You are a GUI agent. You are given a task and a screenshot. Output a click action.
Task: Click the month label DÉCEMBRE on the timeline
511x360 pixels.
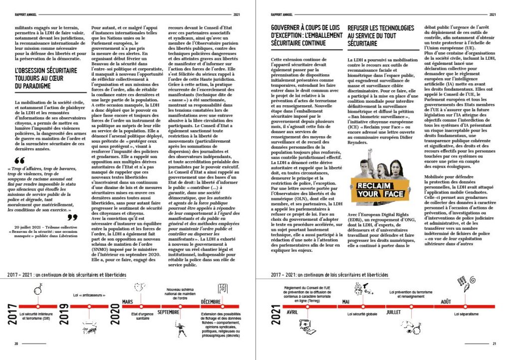tap(215, 301)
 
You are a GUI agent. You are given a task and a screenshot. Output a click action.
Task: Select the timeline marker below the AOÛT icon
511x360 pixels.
tap(467, 306)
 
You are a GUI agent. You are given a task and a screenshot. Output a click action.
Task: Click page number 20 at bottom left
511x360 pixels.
tap(16, 344)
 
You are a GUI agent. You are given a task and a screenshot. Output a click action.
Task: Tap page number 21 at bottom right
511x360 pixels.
tap(494, 344)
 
